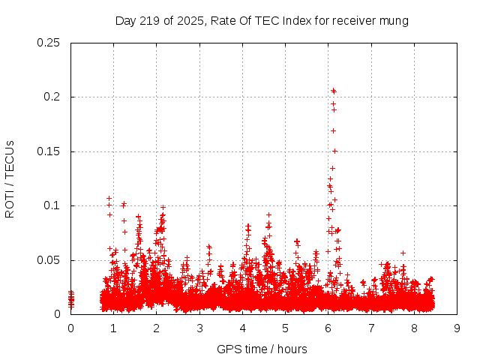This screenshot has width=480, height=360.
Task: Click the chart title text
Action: click(x=262, y=21)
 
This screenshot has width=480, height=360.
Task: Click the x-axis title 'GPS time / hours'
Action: click(x=262, y=349)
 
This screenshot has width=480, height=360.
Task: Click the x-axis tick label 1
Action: click(x=113, y=328)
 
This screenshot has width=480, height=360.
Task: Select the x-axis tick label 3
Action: click(x=199, y=328)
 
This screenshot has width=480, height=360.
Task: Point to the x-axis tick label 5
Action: click(x=285, y=328)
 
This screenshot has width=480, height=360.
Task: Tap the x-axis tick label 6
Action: click(x=328, y=328)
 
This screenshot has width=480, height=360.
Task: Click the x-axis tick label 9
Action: click(x=457, y=328)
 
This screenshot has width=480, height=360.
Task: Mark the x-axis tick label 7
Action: click(x=371, y=328)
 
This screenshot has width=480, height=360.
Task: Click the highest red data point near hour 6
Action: click(x=333, y=91)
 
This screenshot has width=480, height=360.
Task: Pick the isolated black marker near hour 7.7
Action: click(x=403, y=253)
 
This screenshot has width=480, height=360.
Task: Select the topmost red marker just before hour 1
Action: click(x=109, y=198)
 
